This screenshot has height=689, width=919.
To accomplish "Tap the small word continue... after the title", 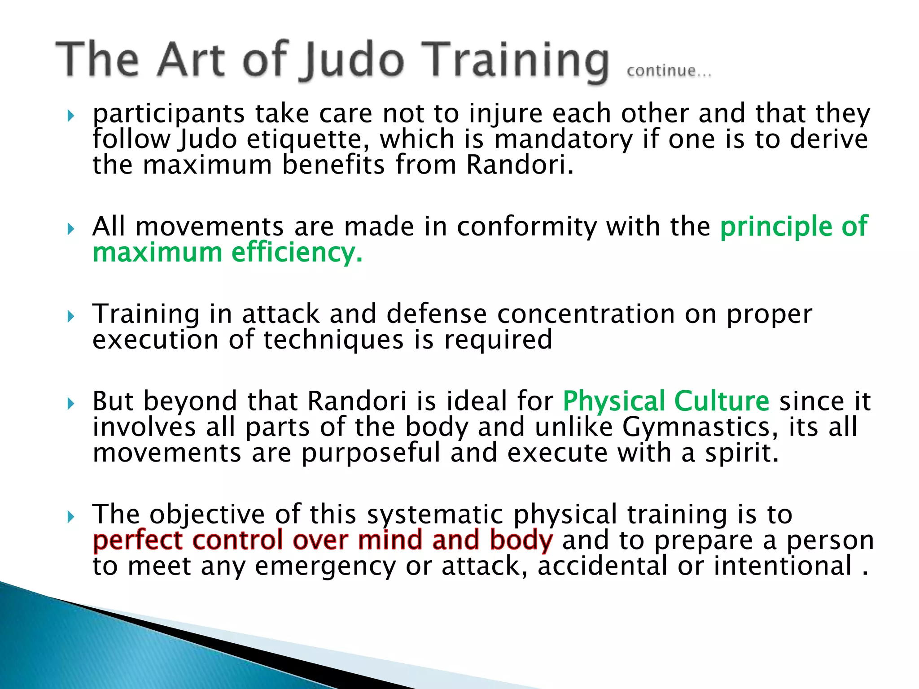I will [669, 71].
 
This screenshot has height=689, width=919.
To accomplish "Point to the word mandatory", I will [563, 139].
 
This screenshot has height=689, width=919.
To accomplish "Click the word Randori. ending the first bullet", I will [520, 165].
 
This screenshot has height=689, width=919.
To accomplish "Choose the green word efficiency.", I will [297, 253].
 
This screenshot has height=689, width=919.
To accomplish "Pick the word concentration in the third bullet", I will [586, 314].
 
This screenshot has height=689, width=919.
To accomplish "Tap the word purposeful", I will [371, 453].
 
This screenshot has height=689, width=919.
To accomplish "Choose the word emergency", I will [325, 566].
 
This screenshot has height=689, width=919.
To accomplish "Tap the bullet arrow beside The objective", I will [70, 517].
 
